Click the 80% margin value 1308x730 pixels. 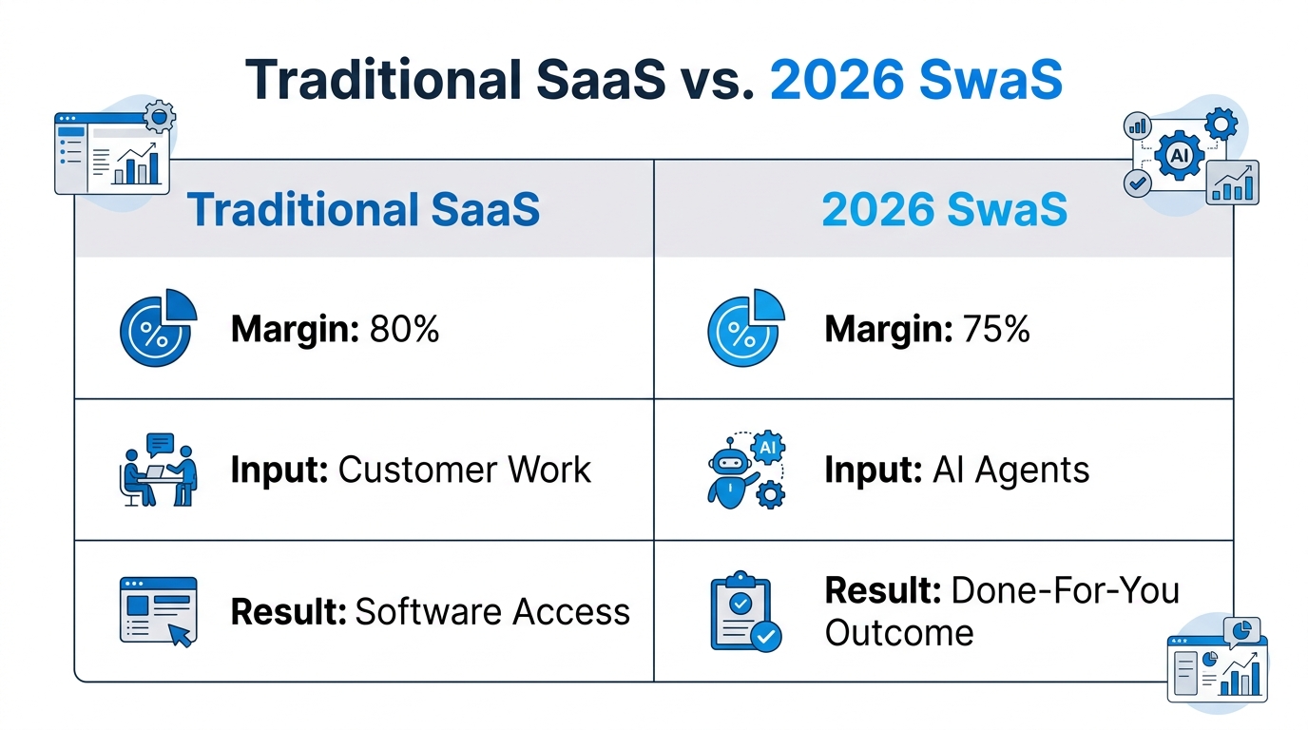pyautogui.click(x=400, y=329)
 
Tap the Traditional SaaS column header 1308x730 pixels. pyautogui.click(x=363, y=210)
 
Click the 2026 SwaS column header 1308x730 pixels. pyautogui.click(x=944, y=210)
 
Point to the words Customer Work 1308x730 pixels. pyautogui.click(x=465, y=470)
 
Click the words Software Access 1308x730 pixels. pyautogui.click(x=492, y=612)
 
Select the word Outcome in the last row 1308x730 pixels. pyautogui.click(x=898, y=632)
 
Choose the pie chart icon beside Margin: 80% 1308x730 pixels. pyautogui.click(x=157, y=328)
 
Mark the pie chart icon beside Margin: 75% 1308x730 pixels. pyautogui.click(x=745, y=328)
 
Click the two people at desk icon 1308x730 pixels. pyautogui.click(x=160, y=470)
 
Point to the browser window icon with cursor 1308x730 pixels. pyautogui.click(x=157, y=611)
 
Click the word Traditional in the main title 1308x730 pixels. pyautogui.click(x=381, y=82)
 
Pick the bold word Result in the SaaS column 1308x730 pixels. pyautogui.click(x=288, y=612)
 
